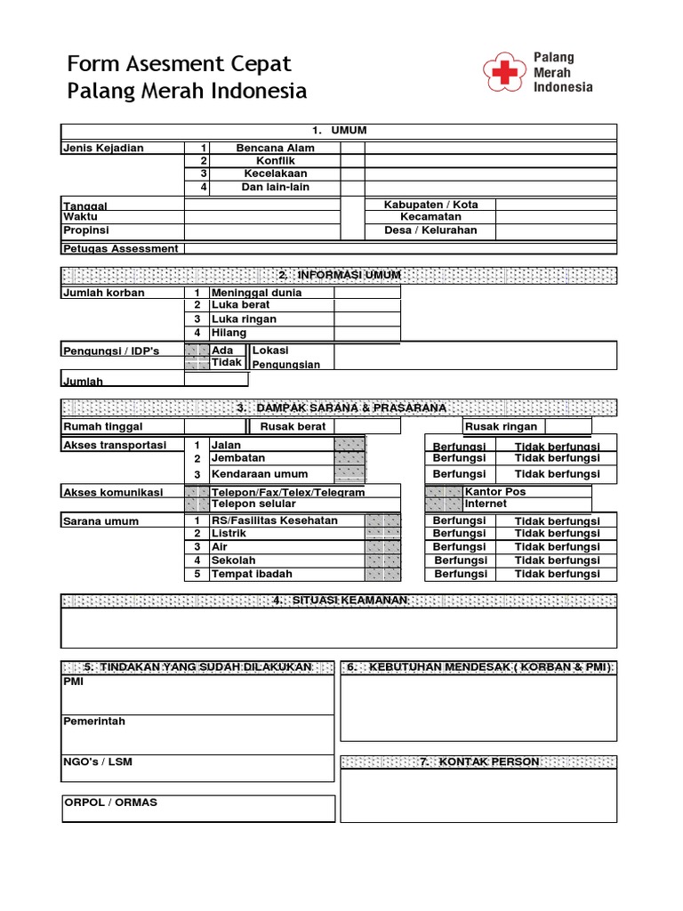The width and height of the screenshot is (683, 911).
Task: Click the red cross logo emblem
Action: point(504,74)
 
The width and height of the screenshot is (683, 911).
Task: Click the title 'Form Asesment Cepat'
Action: point(180,64)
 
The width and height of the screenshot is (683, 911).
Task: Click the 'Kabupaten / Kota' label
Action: point(430,205)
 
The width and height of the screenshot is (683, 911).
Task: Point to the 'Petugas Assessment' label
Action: point(120,249)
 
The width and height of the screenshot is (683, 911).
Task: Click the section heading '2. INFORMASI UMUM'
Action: point(340,275)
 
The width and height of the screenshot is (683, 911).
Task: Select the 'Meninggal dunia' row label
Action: point(256,293)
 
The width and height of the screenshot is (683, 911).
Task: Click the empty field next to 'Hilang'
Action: point(367,333)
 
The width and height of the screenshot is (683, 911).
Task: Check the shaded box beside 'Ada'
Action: point(197,351)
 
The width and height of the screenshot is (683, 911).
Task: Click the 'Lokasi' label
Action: point(271,351)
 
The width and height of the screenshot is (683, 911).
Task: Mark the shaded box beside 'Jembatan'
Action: point(349,458)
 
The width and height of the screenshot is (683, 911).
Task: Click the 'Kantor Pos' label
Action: point(494,491)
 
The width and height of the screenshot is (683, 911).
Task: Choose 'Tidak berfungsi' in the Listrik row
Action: point(557,534)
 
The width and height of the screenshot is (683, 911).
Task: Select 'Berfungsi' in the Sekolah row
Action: point(461,560)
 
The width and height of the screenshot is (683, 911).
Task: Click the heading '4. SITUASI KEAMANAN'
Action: point(340,601)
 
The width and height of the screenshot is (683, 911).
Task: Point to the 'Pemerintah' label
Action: point(94,722)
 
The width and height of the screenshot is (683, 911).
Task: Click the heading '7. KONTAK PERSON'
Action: point(478,762)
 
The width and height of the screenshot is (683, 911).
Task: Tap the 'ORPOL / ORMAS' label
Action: point(110,802)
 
